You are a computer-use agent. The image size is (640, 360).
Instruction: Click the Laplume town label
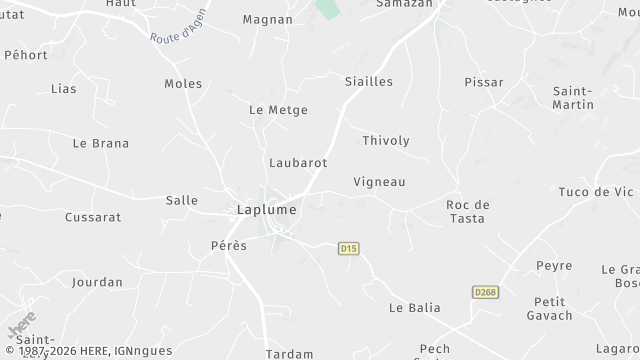266,210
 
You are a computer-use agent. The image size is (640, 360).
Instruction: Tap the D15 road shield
348,248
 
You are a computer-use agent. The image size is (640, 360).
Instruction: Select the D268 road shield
485,292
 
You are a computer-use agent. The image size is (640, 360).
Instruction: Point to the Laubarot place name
298,162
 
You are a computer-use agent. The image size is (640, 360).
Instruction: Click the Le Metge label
278,110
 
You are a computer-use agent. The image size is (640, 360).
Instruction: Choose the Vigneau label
379,182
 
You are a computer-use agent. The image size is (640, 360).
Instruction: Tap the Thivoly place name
386,141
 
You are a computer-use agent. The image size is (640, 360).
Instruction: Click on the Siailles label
368,81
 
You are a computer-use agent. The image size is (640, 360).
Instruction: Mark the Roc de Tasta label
465,211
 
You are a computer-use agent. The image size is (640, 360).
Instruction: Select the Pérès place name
228,245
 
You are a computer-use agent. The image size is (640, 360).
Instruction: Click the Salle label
181,200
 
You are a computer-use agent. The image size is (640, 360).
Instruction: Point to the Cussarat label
93,217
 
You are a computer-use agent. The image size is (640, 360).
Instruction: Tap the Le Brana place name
101,143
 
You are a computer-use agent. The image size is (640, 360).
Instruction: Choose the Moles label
183,84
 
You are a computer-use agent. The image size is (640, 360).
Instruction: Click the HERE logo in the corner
21,325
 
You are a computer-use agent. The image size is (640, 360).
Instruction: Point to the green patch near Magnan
327,8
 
